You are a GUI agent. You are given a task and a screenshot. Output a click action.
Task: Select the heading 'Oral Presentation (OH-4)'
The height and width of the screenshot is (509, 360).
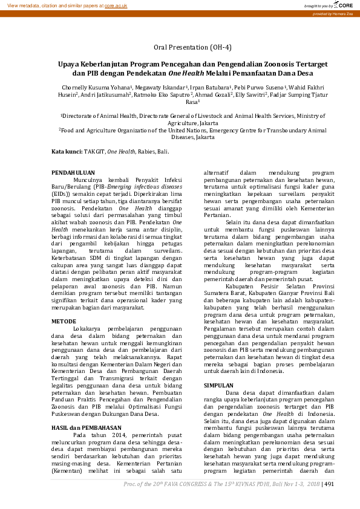point(192,47)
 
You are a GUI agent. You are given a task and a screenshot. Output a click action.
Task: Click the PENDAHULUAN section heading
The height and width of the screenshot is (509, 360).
point(73,173)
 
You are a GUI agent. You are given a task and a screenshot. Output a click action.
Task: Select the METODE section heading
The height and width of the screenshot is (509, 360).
point(64,321)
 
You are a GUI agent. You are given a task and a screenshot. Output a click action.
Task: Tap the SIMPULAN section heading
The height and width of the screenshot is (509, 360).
point(218,384)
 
